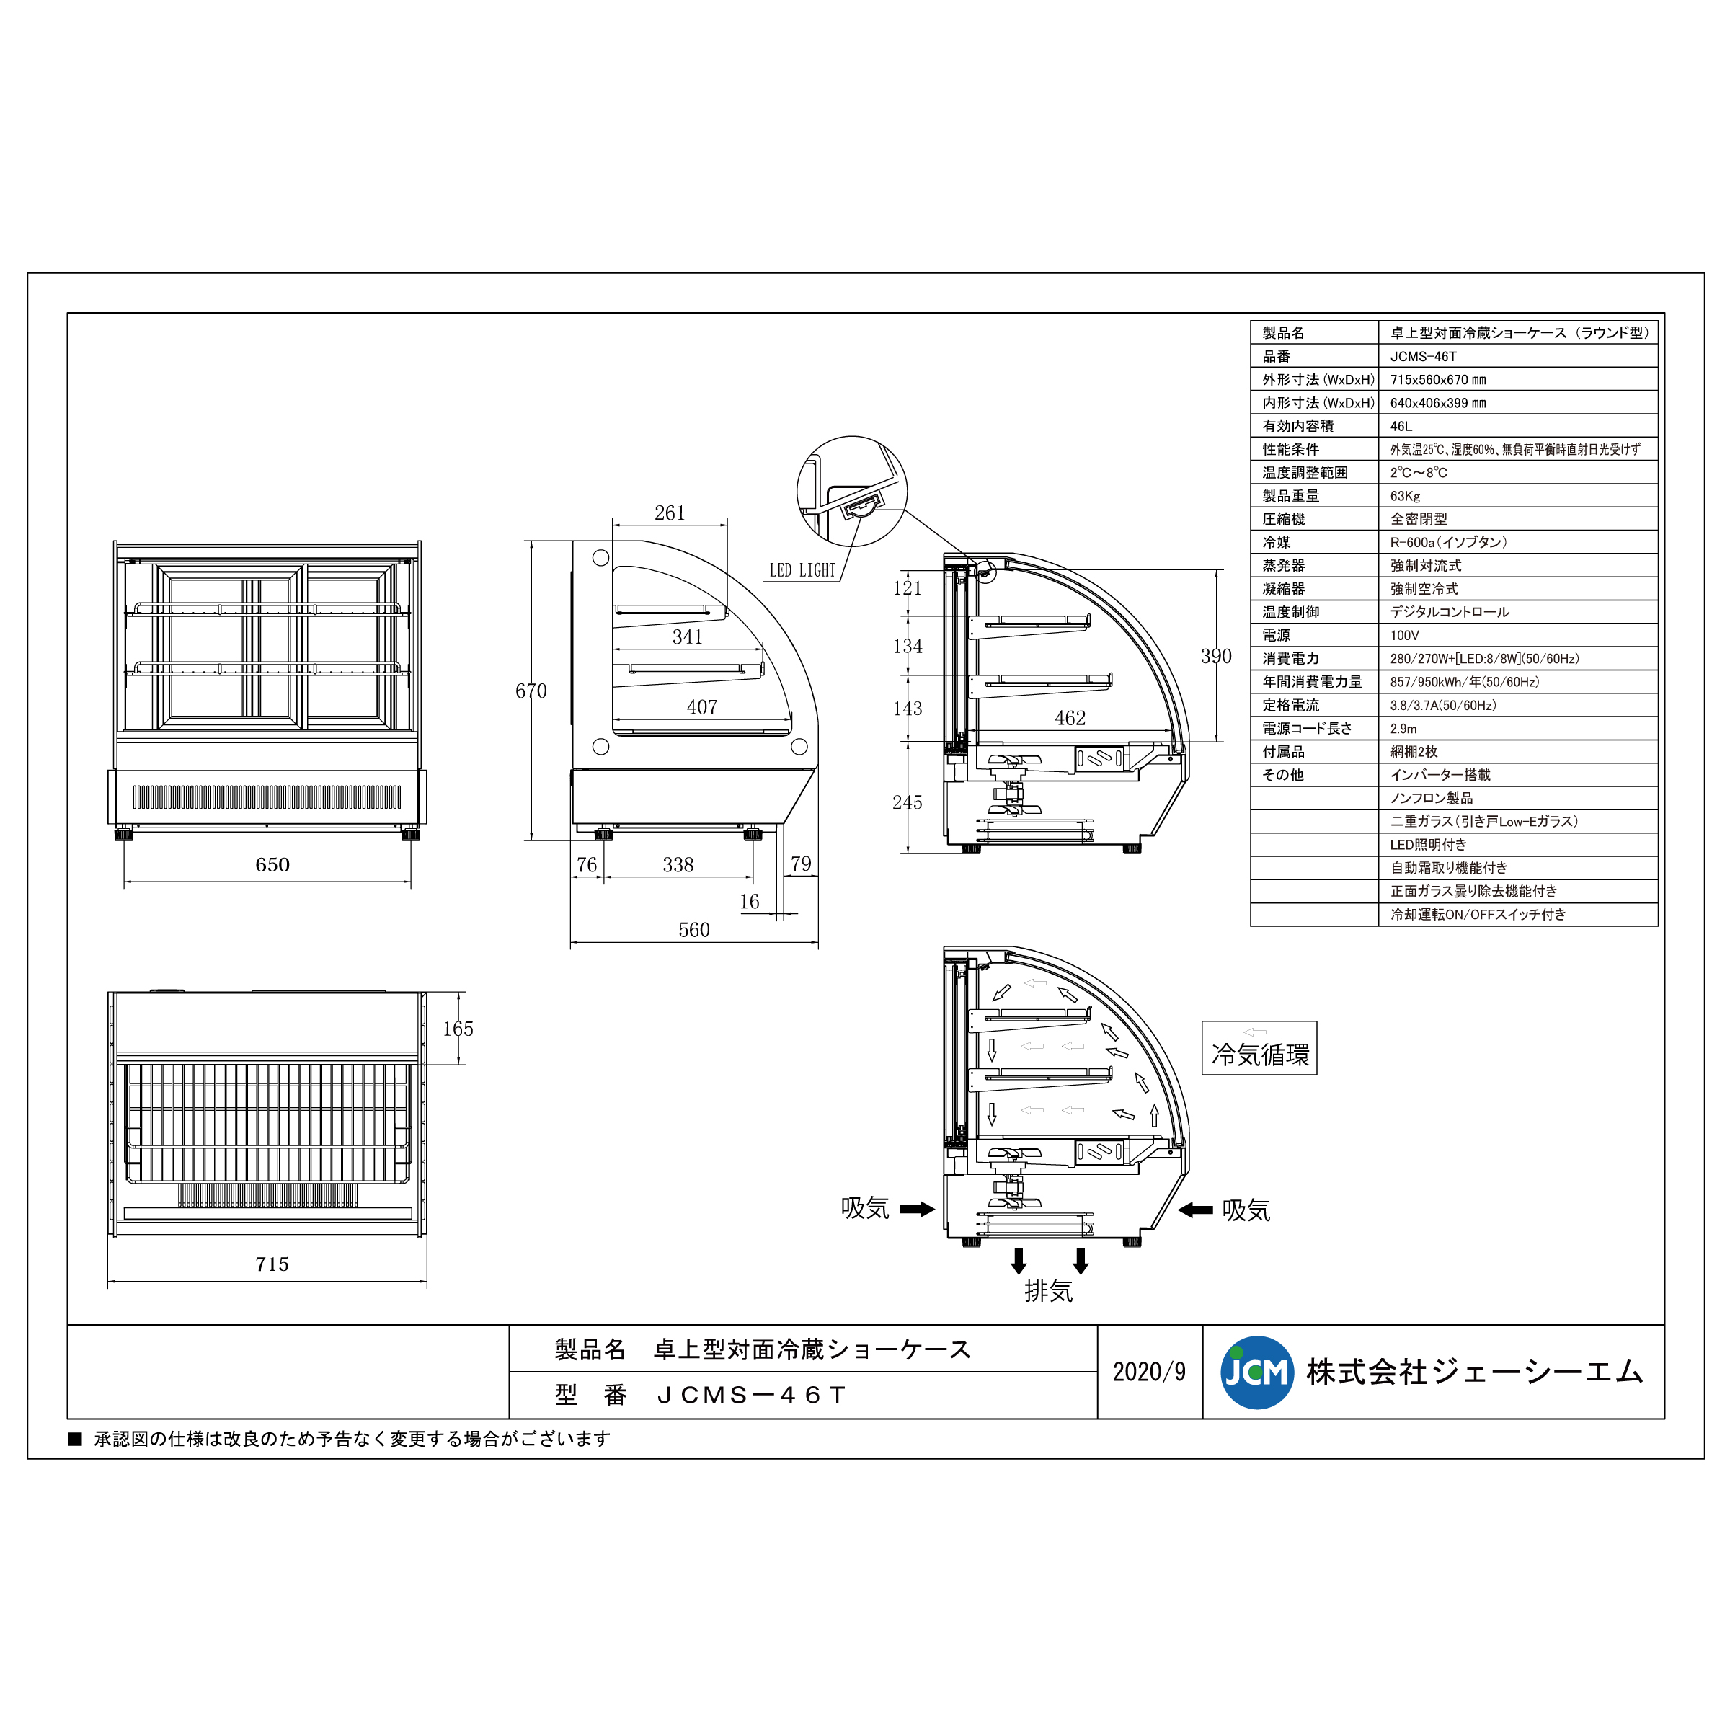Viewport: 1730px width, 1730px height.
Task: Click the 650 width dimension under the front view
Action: pos(272,865)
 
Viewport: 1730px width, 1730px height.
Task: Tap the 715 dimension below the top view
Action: pos(272,1264)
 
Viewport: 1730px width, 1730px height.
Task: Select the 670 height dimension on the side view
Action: pos(531,691)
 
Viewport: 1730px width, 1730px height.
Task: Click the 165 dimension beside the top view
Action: pos(458,1029)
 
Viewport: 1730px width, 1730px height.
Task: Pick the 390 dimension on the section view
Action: pos(1216,657)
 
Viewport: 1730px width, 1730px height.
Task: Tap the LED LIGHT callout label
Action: pos(802,570)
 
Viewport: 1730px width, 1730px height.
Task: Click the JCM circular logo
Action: pos(1256,1372)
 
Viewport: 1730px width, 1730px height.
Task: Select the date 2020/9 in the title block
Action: pos(1149,1372)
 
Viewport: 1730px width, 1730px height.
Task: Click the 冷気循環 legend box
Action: pos(1259,1049)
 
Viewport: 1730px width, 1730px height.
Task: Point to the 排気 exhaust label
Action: pos(1049,1291)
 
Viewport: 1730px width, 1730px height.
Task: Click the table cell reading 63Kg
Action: pos(1405,496)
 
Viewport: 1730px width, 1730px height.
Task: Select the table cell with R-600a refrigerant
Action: pos(1448,543)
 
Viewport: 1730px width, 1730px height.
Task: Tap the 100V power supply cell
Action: pos(1404,636)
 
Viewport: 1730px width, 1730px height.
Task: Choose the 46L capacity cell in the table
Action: pos(1401,426)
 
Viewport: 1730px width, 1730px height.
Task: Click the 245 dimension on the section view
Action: pos(907,802)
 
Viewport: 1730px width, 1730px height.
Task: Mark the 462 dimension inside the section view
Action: pos(1070,718)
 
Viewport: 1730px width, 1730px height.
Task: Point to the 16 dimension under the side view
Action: pos(750,902)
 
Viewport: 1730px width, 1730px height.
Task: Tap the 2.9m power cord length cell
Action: pos(1403,729)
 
